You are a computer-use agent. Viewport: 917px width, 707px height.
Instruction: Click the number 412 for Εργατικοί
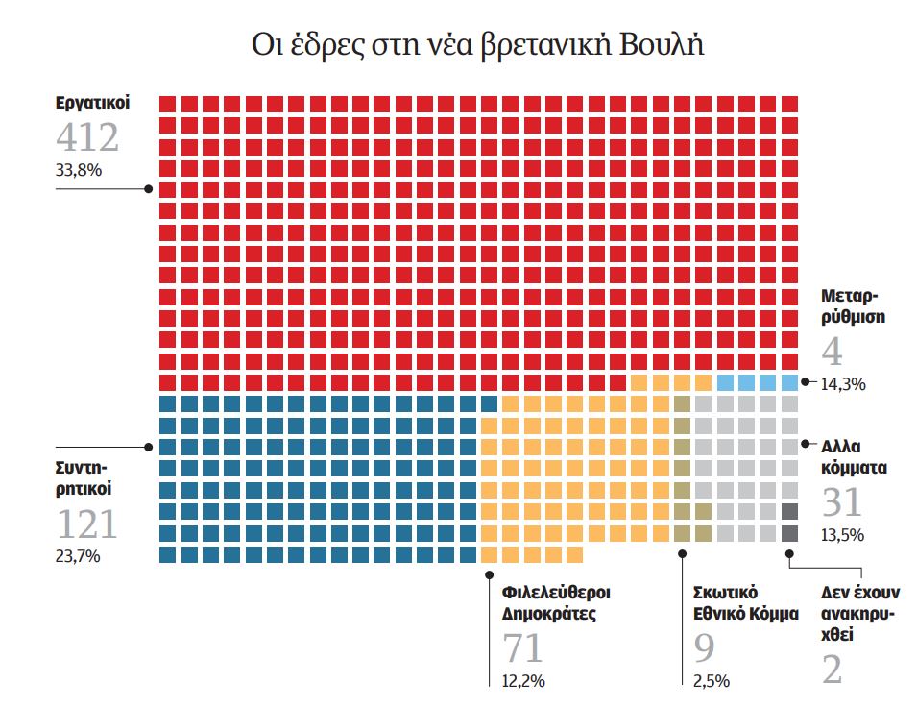point(87,137)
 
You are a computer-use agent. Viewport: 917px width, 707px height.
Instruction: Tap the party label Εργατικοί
point(92,102)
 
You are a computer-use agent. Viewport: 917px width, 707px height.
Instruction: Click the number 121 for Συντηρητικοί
point(87,524)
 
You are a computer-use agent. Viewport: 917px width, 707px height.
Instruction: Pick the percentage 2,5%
point(711,681)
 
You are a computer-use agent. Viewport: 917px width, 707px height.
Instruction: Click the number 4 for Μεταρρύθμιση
point(832,353)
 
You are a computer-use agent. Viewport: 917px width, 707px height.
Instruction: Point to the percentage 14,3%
point(843,384)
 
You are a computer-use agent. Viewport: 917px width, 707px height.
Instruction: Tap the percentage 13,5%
point(843,535)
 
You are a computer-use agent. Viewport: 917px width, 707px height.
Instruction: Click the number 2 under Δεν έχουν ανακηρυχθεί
point(832,670)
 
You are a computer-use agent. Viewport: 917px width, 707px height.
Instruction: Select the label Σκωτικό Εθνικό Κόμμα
point(745,602)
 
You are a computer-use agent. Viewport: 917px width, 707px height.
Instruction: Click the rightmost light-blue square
point(789,382)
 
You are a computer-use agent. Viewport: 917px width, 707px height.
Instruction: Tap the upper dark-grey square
point(789,512)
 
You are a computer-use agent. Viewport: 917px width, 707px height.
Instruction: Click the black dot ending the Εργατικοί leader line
point(148,189)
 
